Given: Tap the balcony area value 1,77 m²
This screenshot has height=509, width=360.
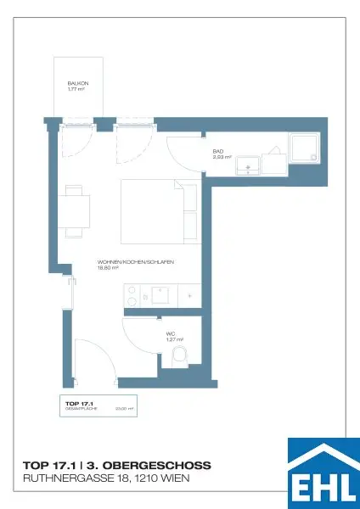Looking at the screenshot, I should (x=76, y=88).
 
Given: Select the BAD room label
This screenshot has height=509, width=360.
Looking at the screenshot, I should (x=217, y=152).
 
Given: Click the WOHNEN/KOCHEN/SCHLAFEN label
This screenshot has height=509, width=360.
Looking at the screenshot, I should (x=136, y=262).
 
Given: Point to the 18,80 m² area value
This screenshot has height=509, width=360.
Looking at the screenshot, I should (x=109, y=268).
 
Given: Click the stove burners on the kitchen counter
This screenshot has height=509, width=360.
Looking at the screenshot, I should (x=132, y=296).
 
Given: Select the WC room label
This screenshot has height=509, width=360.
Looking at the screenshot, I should (x=170, y=333).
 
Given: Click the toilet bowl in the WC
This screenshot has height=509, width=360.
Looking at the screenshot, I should (x=179, y=357).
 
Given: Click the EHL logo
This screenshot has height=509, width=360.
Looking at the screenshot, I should (x=323, y=473).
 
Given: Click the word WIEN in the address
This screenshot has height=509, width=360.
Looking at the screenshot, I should (x=175, y=479).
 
